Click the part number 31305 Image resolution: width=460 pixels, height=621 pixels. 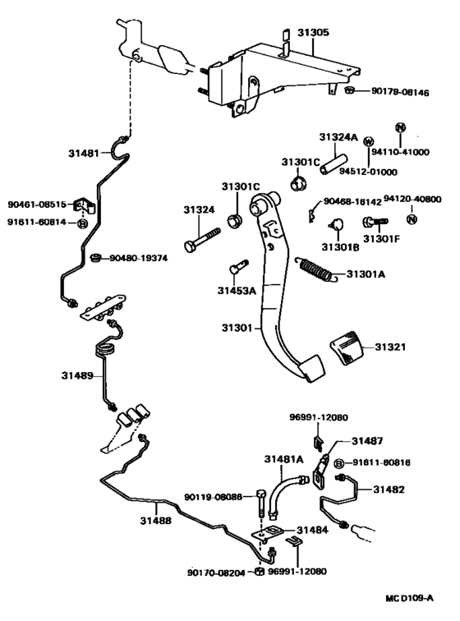[x=312, y=33]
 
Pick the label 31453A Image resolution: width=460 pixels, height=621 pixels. [x=237, y=290]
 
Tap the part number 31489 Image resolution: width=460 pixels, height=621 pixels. [x=76, y=375]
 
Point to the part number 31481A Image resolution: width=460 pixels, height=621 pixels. [x=284, y=458]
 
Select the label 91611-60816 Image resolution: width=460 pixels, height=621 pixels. [x=383, y=463]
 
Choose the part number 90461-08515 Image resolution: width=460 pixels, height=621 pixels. [x=37, y=205]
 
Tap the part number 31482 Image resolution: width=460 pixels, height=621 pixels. [x=389, y=489]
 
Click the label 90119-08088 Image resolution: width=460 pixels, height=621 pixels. [x=213, y=496]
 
